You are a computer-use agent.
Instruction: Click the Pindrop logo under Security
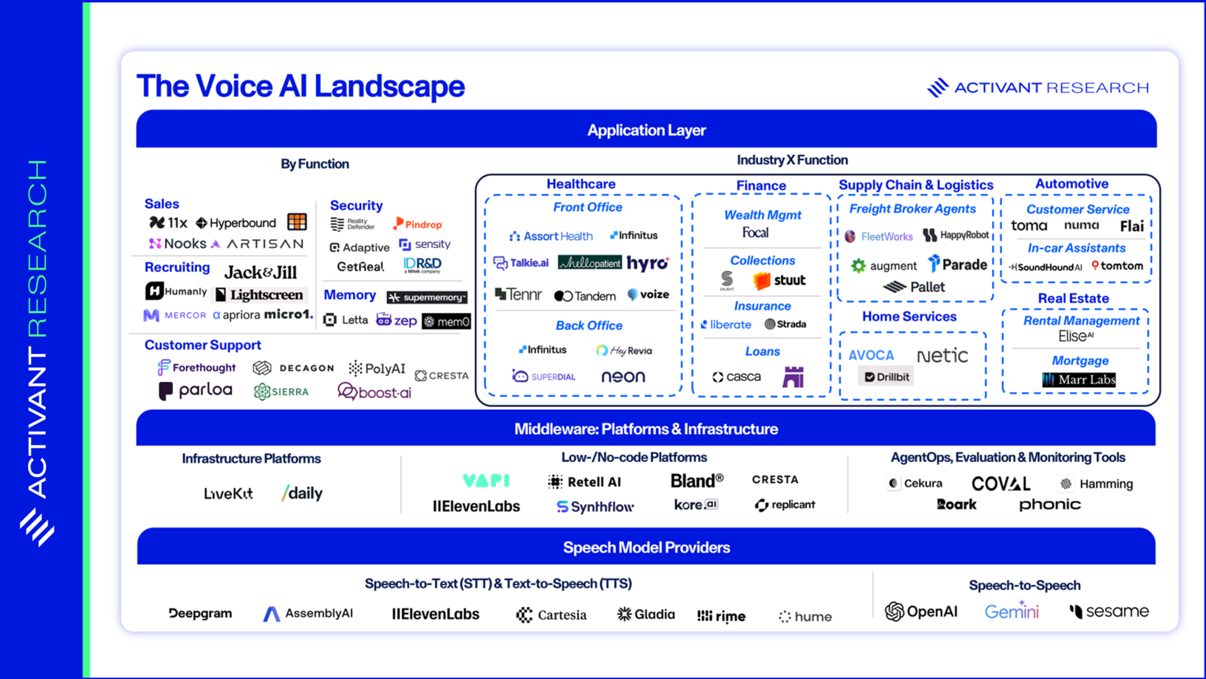(418, 224)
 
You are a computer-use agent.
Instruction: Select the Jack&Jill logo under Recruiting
(261, 272)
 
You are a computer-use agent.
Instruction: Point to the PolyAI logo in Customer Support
(377, 368)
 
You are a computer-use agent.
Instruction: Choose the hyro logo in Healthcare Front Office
(648, 263)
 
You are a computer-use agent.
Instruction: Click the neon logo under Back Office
(623, 377)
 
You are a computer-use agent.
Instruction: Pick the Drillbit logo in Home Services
(886, 377)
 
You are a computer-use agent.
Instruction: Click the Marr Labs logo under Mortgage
(1079, 379)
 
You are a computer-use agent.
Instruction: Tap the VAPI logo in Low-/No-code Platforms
(486, 481)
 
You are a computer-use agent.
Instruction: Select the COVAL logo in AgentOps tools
(1001, 483)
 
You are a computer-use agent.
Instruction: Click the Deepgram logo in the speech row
(200, 613)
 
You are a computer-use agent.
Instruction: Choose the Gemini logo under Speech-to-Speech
(1011, 611)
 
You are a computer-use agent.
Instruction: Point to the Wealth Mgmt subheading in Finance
(762, 215)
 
